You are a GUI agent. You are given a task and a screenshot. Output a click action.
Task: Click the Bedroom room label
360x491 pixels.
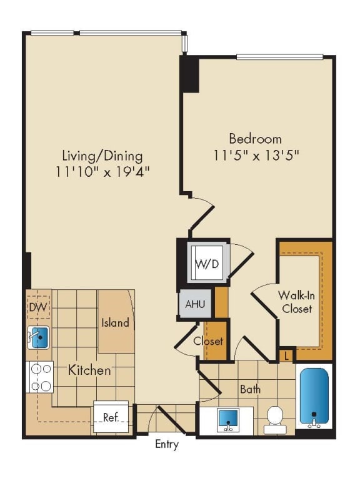coord(254,139)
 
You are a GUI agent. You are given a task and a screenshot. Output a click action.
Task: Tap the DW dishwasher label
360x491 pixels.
coord(39,307)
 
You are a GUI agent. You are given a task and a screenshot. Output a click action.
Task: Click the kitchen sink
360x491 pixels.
coord(39,338)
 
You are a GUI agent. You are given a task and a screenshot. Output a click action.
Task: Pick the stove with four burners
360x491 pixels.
coord(39,377)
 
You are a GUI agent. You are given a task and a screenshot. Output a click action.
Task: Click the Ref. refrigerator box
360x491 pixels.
coord(111,417)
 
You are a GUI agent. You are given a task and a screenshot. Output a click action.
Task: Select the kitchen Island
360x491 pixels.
coord(116,322)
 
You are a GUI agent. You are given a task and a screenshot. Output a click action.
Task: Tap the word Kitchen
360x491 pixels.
coord(89,370)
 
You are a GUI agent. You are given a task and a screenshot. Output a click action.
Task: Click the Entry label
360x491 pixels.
coord(167,445)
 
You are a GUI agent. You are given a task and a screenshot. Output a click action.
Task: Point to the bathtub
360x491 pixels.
coord(314,397)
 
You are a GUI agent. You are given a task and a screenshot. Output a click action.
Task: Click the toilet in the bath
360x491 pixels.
coord(275,419)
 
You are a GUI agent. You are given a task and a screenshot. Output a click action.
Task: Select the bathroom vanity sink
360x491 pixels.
coord(227,420)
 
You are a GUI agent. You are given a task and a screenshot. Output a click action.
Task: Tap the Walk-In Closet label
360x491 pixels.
coord(296,302)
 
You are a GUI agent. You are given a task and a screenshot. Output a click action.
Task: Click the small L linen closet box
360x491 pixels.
coord(286,355)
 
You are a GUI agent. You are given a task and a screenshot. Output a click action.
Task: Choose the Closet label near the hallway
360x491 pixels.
coord(207,341)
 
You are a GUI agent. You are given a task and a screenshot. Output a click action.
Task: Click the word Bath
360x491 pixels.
coord(250,389)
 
